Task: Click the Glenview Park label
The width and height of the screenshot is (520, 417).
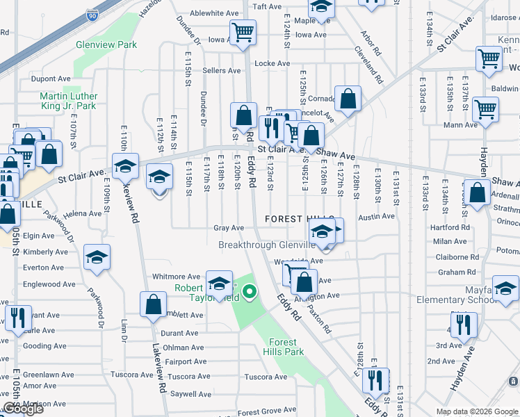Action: pos(106,45)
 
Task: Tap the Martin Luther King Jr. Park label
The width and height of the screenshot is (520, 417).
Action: pos(67,101)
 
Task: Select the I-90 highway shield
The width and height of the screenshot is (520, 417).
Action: pos(92,15)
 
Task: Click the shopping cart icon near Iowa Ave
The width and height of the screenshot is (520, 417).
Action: pos(243,32)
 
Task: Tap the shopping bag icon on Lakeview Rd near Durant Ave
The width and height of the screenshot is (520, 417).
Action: pos(153,303)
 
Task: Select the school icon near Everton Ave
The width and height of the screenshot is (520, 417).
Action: pos(97,257)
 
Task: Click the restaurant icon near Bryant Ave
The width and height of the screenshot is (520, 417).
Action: pos(18,317)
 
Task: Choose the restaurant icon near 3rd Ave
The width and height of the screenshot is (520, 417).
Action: pos(462,324)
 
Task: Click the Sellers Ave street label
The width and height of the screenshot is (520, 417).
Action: pos(221,71)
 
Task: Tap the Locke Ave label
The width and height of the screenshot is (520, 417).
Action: pos(272,63)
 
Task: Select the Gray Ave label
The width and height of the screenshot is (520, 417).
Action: pos(229,228)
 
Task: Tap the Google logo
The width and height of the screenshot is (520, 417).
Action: pos(23,409)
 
